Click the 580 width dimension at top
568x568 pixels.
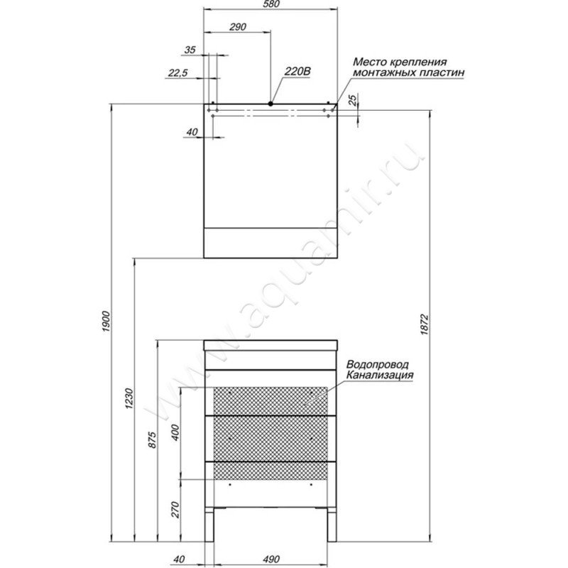click(x=271, y=4)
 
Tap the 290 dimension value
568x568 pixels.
click(x=238, y=27)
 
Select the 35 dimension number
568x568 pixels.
click(x=190, y=50)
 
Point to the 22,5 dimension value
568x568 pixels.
click(x=178, y=73)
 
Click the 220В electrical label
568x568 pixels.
click(x=297, y=72)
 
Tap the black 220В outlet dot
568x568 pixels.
click(x=271, y=104)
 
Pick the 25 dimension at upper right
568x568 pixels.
click(x=353, y=99)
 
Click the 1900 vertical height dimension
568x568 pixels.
click(x=105, y=322)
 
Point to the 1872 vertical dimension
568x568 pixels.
click(x=425, y=324)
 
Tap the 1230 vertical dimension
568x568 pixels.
click(x=129, y=399)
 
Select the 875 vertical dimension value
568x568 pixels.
click(x=153, y=439)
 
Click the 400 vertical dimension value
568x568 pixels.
click(x=175, y=432)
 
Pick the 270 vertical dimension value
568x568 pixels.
click(x=175, y=510)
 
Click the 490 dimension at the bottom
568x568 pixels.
click(x=271, y=559)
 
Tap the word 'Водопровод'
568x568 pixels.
click(x=378, y=364)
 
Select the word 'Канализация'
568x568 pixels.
click(x=380, y=375)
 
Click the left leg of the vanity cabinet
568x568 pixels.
click(x=209, y=525)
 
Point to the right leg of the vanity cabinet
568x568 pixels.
click(x=332, y=525)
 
